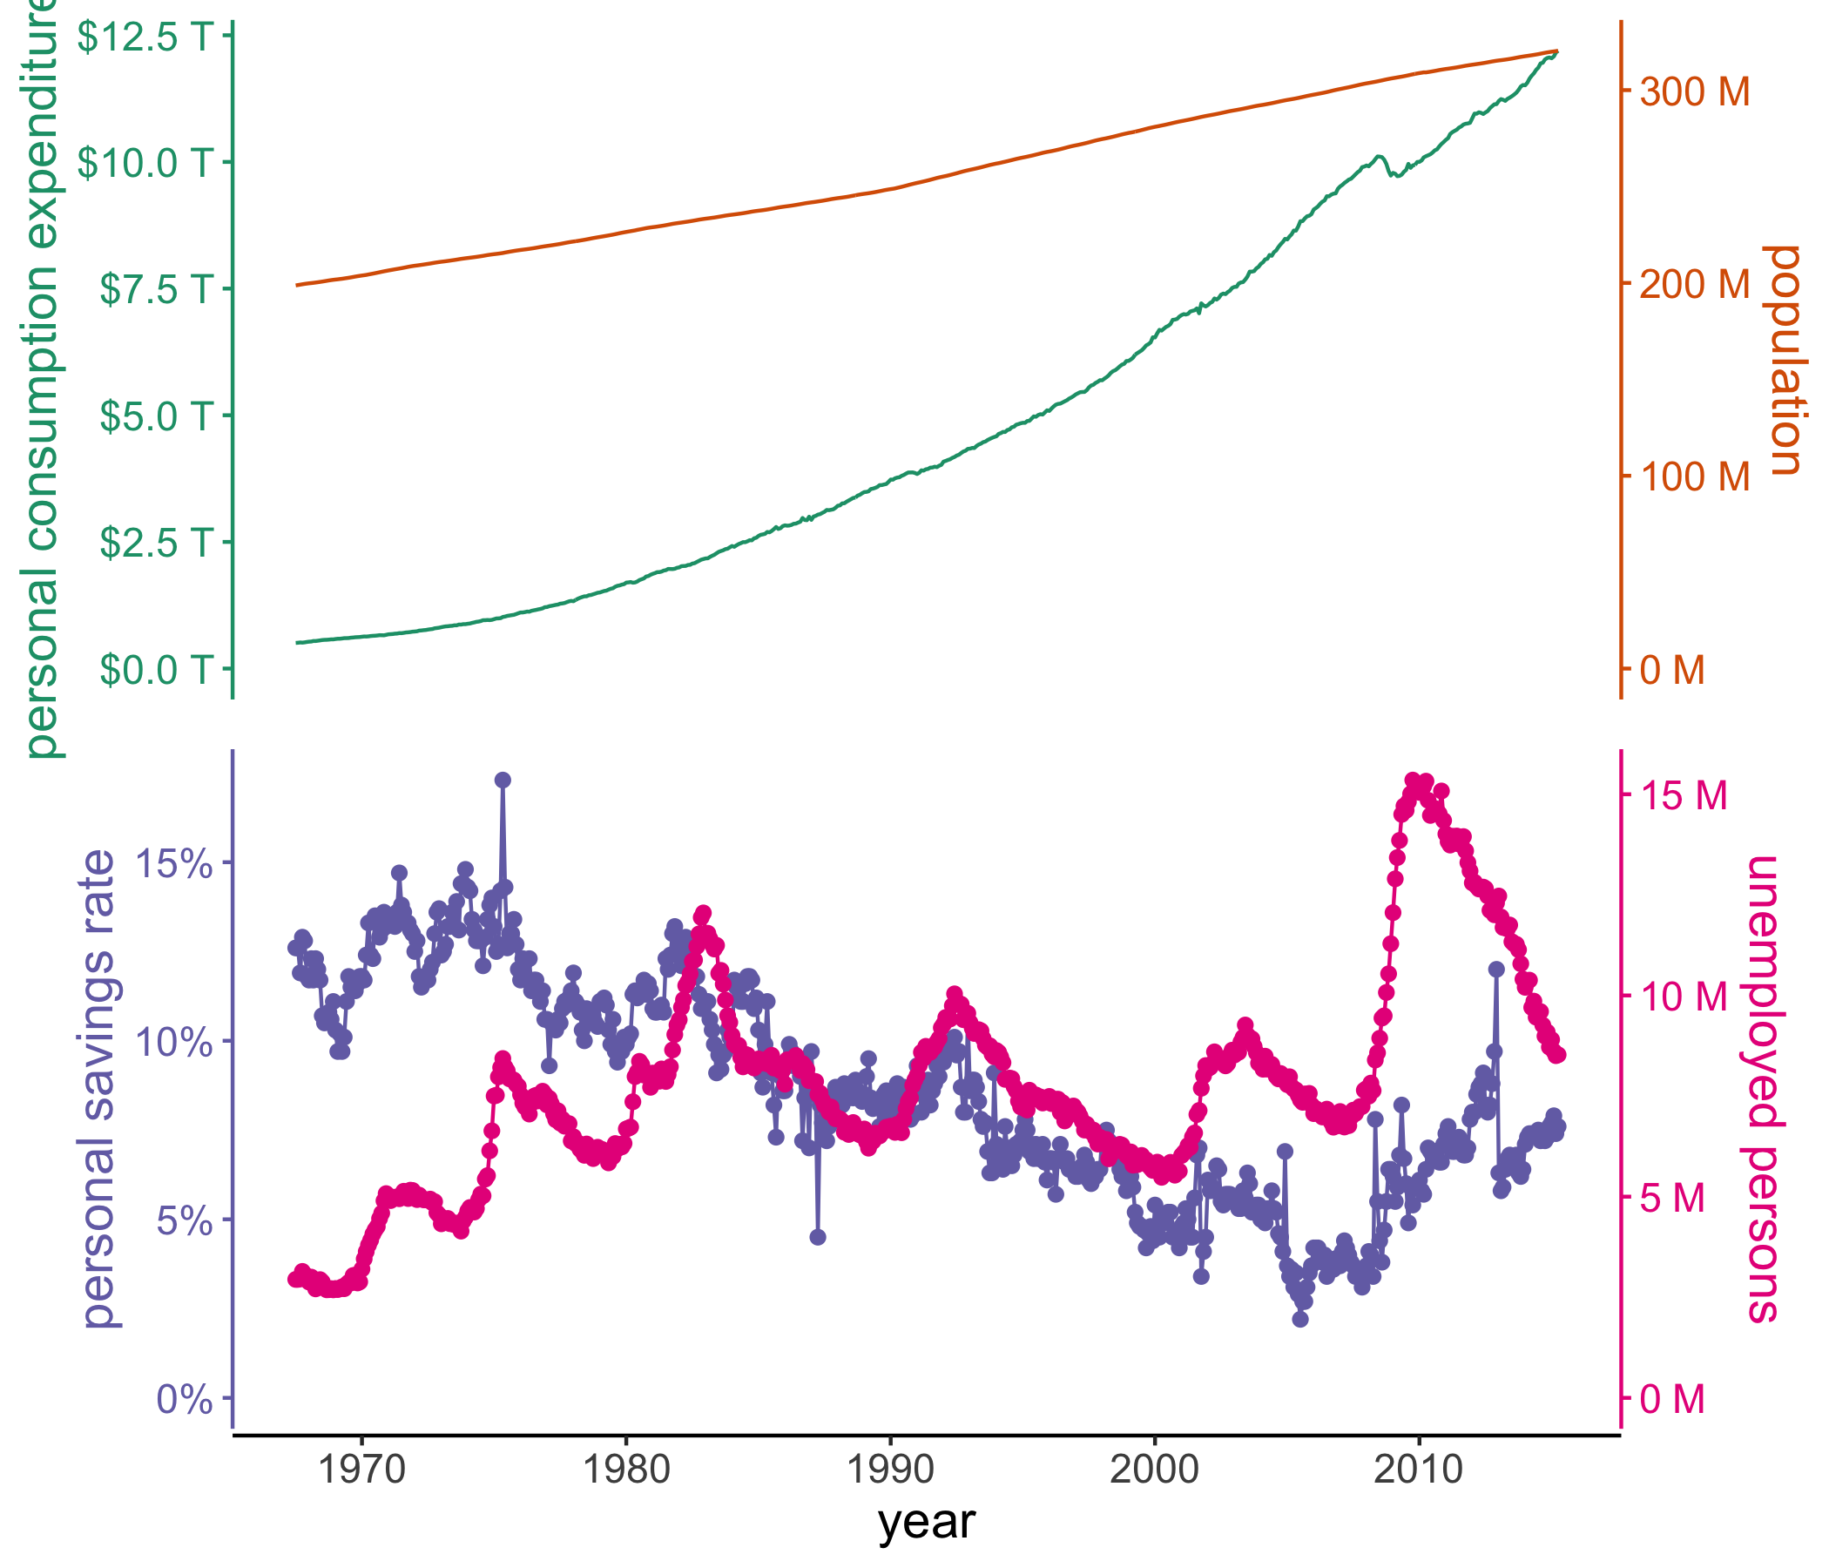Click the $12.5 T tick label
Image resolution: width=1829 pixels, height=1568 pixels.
[x=145, y=37]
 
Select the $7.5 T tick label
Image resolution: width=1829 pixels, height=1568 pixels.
[x=156, y=288]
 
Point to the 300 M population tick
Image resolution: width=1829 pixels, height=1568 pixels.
[x=1694, y=91]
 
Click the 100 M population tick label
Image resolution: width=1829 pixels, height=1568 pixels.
[x=1694, y=476]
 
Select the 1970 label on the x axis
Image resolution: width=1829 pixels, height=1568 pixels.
[x=362, y=1471]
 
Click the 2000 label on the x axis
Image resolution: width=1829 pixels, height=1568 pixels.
[x=1155, y=1471]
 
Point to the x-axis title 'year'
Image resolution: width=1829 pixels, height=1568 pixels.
[x=927, y=1522]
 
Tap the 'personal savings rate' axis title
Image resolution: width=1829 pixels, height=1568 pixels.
[x=99, y=1090]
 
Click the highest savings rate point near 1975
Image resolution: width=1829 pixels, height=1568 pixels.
[x=503, y=780]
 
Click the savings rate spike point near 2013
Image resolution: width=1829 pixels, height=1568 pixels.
[x=1496, y=969]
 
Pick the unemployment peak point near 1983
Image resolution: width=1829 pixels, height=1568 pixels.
[x=703, y=913]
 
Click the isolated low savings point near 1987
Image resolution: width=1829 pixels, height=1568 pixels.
[x=818, y=1237]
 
